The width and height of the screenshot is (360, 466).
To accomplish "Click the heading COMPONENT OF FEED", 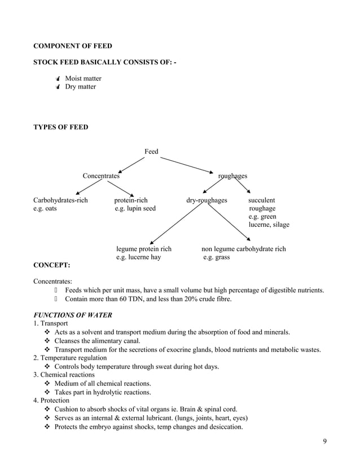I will (73, 46).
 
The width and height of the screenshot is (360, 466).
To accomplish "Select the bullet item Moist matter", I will (83, 78).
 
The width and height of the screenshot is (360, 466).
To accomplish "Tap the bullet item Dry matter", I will (80, 87).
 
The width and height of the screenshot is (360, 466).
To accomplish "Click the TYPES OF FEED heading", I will (60, 127).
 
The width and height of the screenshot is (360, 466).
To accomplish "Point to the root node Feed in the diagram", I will (151, 151).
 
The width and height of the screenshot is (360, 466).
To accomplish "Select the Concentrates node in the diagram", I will (101, 176).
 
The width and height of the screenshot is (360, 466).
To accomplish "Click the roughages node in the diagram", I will (232, 176).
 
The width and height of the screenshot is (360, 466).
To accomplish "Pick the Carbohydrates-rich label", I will (60, 200).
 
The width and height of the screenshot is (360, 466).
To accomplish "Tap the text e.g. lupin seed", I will (135, 208).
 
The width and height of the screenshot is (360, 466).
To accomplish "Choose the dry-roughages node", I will (207, 200).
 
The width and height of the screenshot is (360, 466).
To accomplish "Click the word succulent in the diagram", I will (262, 200).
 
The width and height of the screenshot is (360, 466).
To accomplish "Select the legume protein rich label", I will (144, 249).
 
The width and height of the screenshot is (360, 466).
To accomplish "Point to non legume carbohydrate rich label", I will (244, 249).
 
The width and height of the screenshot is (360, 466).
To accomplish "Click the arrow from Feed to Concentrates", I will (131, 164).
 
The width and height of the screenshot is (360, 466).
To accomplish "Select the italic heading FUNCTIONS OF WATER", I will (73, 314).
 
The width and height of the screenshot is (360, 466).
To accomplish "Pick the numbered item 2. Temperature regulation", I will (70, 358).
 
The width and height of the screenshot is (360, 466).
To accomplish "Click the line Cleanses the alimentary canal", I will (97, 341).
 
